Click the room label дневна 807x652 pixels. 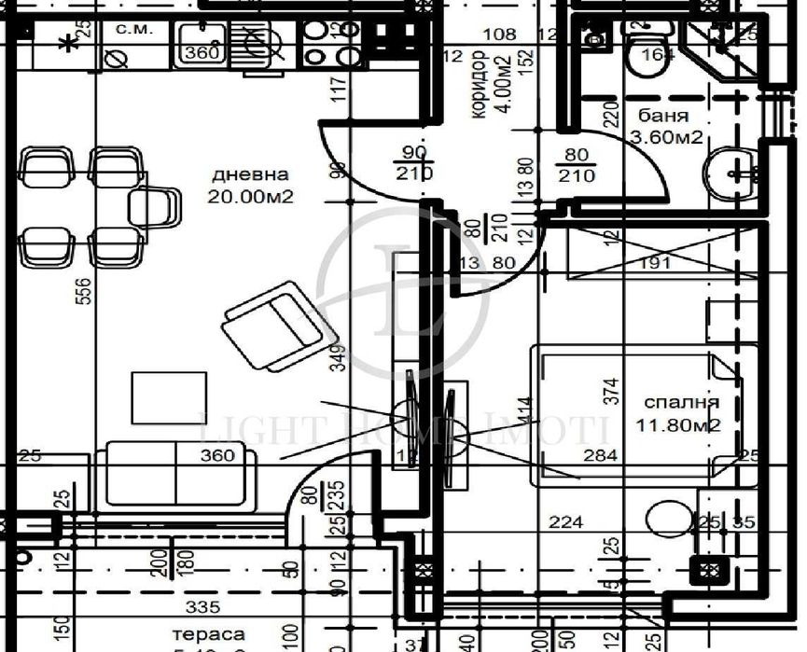click(x=250, y=174)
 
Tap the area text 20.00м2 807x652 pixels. click(x=251, y=197)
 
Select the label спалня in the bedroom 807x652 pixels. click(x=682, y=403)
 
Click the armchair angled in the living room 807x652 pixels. click(x=277, y=326)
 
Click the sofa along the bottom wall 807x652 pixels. click(x=176, y=476)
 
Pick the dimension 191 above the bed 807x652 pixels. click(x=657, y=263)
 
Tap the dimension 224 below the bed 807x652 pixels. click(x=566, y=521)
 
